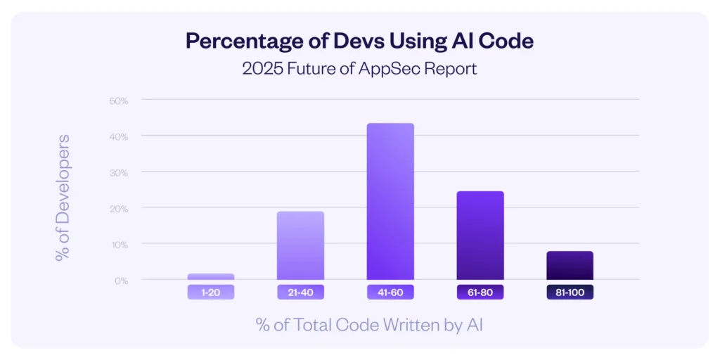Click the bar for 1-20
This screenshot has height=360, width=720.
tap(210, 276)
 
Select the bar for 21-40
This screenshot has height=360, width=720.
tap(300, 245)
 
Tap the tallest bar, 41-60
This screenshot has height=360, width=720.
tap(390, 202)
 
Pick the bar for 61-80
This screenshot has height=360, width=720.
tap(480, 236)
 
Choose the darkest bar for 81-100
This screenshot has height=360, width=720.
tap(570, 265)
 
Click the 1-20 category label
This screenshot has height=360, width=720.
tap(210, 292)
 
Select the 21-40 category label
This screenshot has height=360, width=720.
tap(300, 292)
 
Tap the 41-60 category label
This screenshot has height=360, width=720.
tap(390, 292)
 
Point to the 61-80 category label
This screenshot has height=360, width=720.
tap(480, 292)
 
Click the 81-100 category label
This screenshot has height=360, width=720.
tap(570, 292)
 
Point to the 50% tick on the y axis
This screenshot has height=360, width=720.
tap(119, 101)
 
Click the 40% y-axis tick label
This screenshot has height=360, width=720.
tap(119, 136)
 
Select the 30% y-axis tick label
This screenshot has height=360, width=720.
tap(119, 172)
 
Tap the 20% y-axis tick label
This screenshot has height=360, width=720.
tap(119, 209)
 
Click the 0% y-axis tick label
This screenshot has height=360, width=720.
tap(121, 281)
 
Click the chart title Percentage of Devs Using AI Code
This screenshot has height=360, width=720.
tap(359, 41)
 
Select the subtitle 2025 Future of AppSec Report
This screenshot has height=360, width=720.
tap(359, 69)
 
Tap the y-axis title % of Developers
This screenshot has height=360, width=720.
tap(63, 198)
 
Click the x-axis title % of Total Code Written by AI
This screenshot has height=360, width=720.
tap(359, 324)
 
